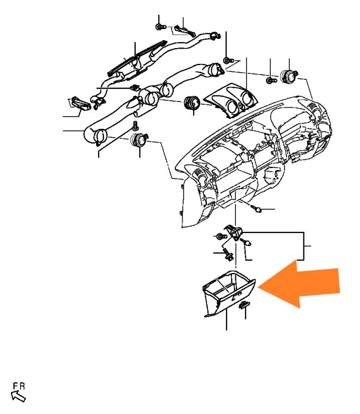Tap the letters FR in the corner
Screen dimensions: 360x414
coord(19,387)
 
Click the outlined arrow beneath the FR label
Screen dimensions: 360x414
coord(18,397)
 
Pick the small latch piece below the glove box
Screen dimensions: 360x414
coord(245,305)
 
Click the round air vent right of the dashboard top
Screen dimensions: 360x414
coord(289,76)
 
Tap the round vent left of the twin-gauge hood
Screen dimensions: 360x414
coord(192,102)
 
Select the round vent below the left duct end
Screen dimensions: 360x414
coord(139,140)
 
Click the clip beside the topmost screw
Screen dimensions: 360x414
coord(185,31)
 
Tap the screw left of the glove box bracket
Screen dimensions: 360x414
coord(221,237)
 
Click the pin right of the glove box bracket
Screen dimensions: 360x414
coord(245,242)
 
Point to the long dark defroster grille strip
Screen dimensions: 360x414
coord(137,57)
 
